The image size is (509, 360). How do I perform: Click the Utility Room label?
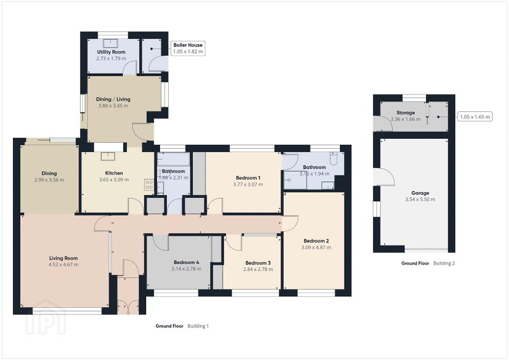pos(111,52)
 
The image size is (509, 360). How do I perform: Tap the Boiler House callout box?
pos(188,48)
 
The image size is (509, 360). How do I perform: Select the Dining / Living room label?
pos(113,99)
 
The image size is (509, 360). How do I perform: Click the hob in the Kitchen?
pos(149,184)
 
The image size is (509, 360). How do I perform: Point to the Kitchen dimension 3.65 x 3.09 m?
pos(114,180)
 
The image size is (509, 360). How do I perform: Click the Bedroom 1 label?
pos(248,178)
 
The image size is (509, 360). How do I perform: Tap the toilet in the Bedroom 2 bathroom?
pos(334,158)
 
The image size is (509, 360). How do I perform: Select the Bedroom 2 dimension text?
pos(316,247)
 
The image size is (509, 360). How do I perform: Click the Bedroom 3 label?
pos(258,263)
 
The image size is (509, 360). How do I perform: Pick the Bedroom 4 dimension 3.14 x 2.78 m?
pos(186,269)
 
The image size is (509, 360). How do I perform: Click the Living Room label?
pos(63,259)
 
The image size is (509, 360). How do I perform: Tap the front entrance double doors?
pos(128,307)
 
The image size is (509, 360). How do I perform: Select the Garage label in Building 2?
pos(420,193)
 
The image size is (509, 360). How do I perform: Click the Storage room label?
pos(406,113)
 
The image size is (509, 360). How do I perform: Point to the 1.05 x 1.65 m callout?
pos(475,116)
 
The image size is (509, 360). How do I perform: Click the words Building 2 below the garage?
pos(444,263)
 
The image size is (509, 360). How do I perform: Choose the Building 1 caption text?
pos(198,326)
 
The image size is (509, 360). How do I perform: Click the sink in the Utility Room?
pos(111,43)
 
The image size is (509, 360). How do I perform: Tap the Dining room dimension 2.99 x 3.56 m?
pos(49,180)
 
